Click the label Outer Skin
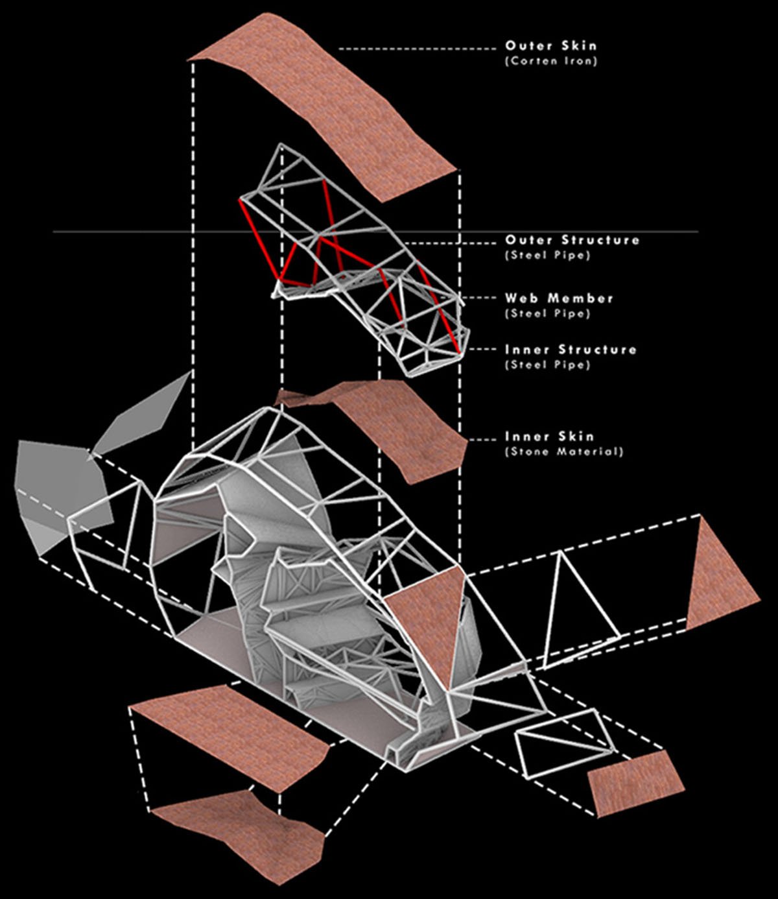(550, 45)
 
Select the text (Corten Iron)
(550, 61)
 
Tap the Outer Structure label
(572, 240)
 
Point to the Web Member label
(559, 298)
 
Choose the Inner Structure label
(571, 350)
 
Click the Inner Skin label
(549, 437)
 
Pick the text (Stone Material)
(563, 451)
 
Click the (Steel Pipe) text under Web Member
(548, 313)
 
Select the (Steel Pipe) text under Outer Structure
(548, 256)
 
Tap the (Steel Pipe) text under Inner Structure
(548, 365)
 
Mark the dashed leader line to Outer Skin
(418, 49)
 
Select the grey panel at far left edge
(61, 496)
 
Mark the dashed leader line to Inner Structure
(482, 349)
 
